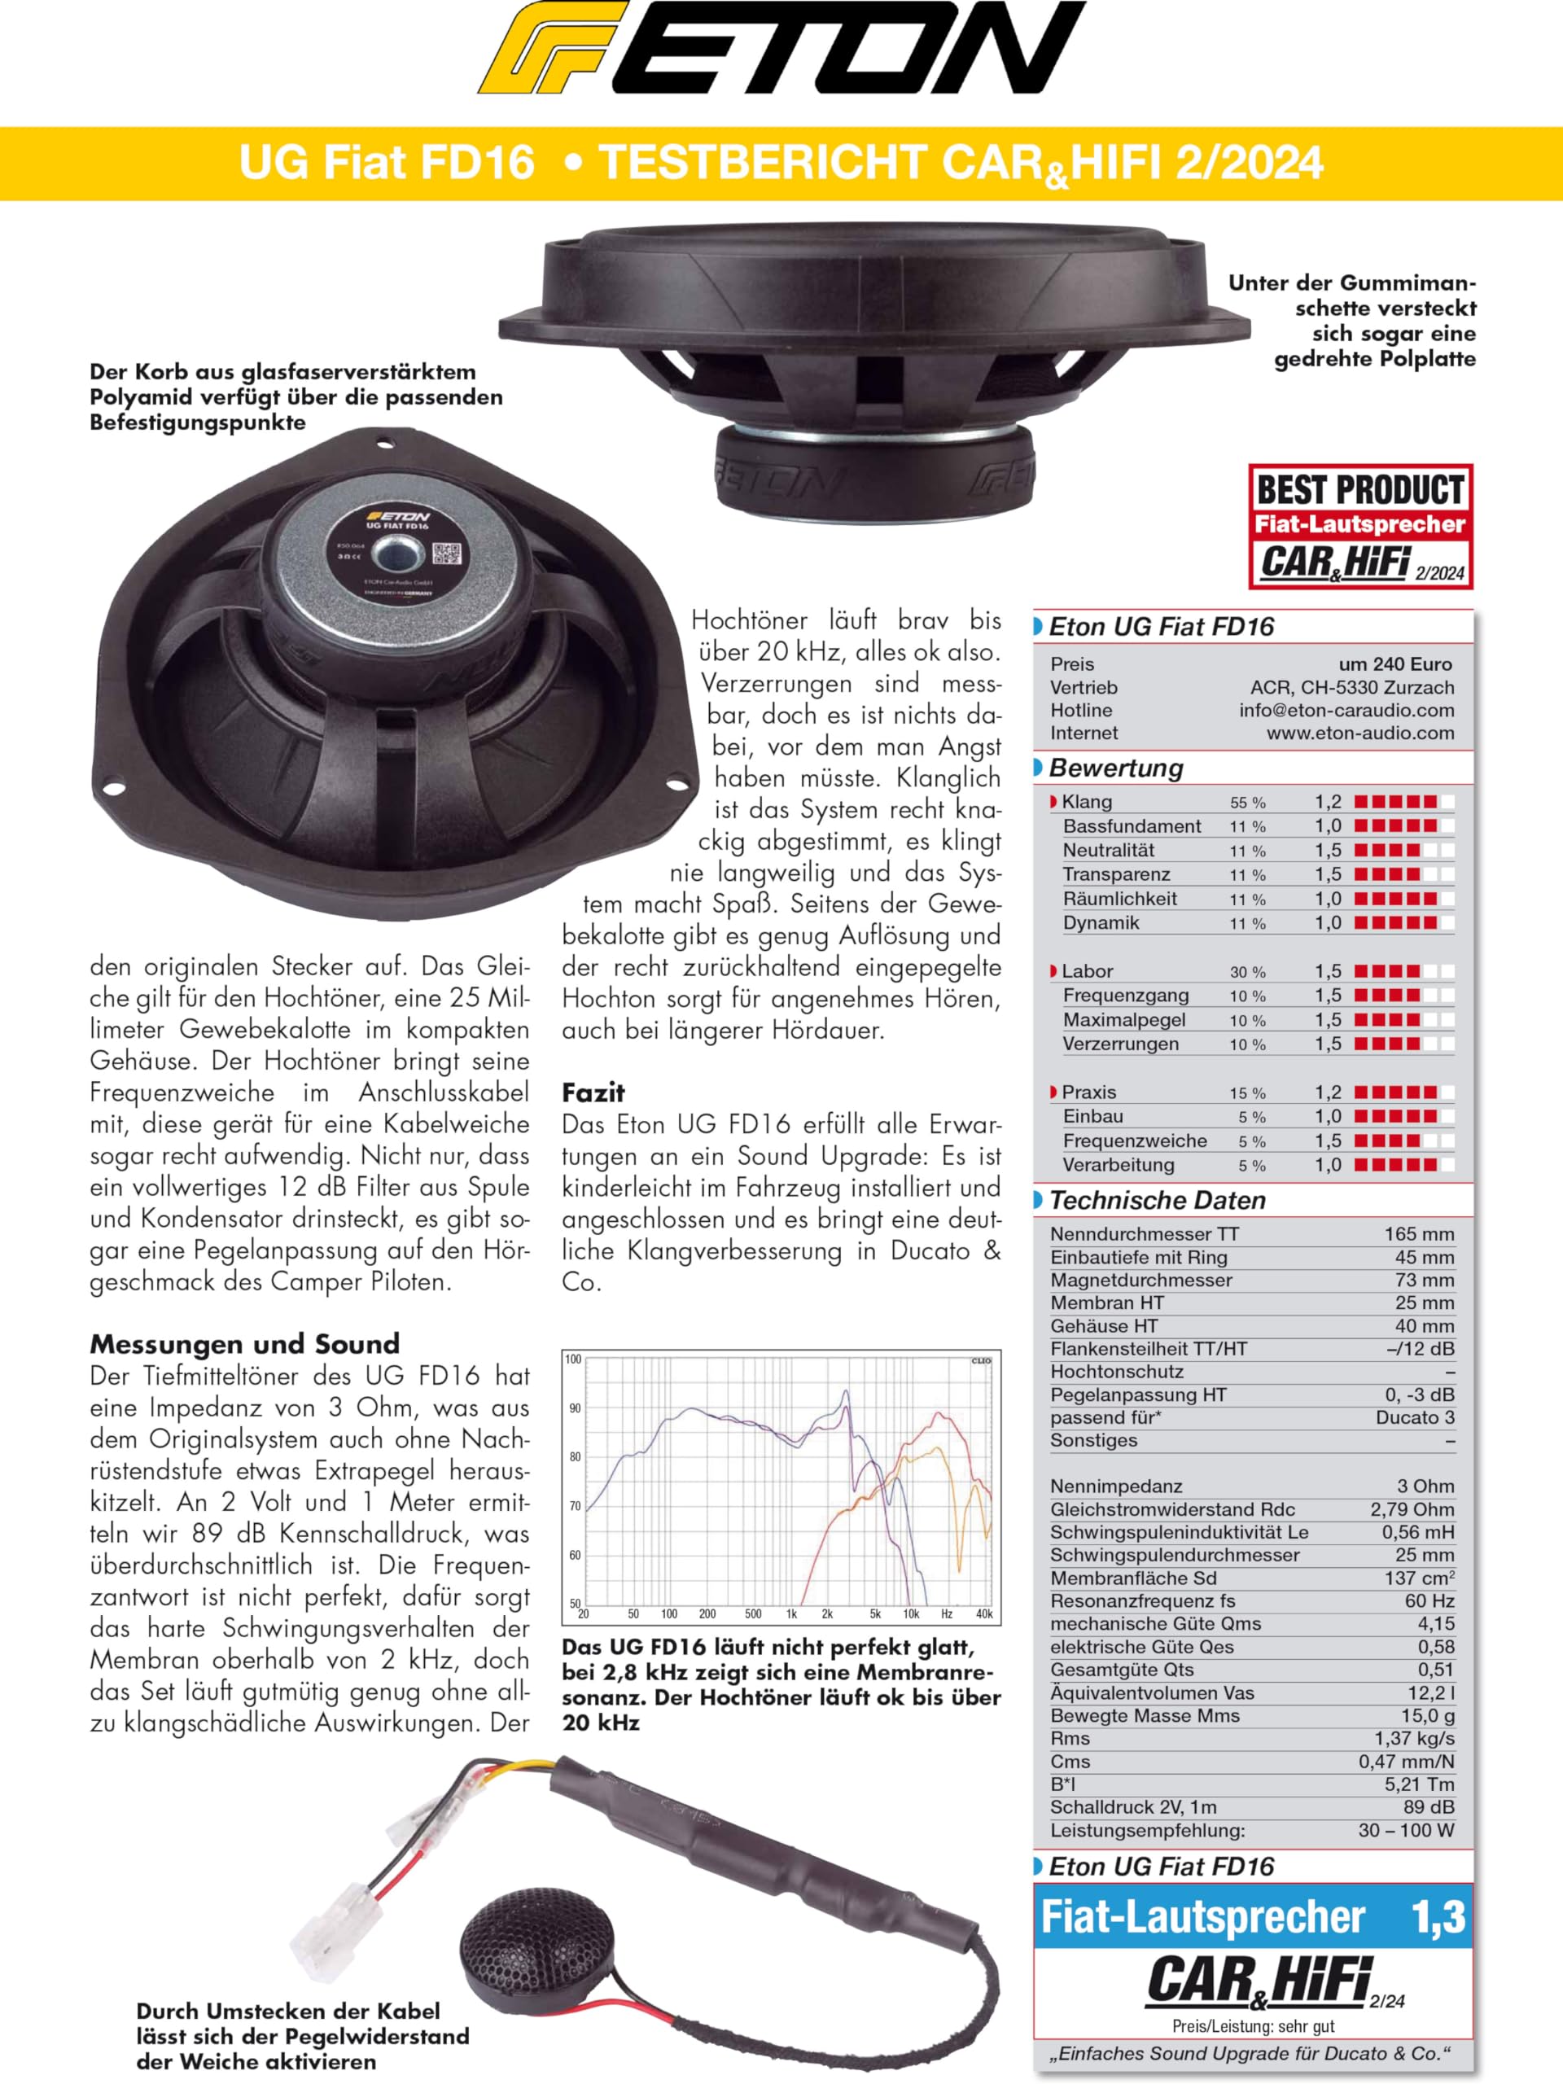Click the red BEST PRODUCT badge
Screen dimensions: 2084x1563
click(1359, 526)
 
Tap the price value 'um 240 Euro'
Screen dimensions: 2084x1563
click(1394, 664)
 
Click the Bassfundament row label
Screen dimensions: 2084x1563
click(1132, 826)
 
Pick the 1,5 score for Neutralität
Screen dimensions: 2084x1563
click(1328, 851)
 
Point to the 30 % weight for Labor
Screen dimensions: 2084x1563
click(1247, 972)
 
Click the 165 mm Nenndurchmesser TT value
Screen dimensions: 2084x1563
click(1419, 1234)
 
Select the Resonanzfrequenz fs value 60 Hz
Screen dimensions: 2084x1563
click(1429, 1600)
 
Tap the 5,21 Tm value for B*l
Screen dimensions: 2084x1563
click(1419, 1784)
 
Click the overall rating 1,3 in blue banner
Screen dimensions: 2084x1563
click(1438, 1916)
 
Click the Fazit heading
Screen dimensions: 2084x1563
click(593, 1092)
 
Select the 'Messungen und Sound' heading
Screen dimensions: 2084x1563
click(245, 1343)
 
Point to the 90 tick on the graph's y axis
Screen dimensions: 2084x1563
click(575, 1408)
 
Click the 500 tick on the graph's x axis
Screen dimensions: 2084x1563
click(753, 1613)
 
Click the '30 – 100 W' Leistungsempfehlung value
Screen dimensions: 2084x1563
click(1406, 1831)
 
